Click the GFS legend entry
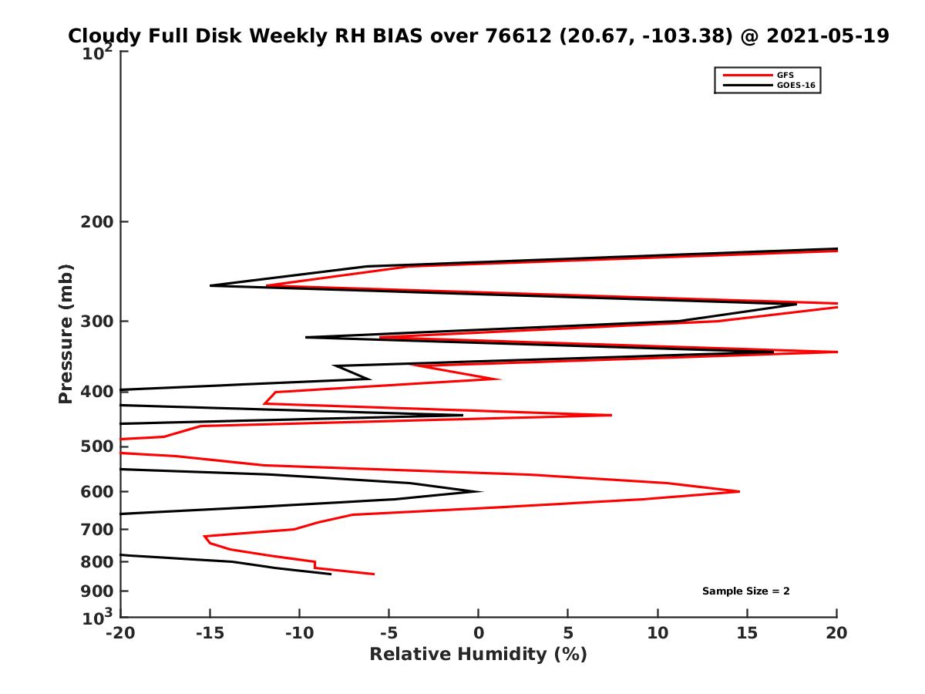[x=786, y=75]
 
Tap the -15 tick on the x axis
[x=209, y=634]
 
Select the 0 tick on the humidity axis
[x=479, y=634]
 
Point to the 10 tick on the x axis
[x=658, y=634]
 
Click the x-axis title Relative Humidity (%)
[x=478, y=655]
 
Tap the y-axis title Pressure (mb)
[x=66, y=333]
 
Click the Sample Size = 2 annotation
[x=745, y=591]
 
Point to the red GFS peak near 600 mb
[x=739, y=491]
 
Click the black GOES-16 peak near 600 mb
[x=481, y=491]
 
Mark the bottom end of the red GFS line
[x=374, y=574]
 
